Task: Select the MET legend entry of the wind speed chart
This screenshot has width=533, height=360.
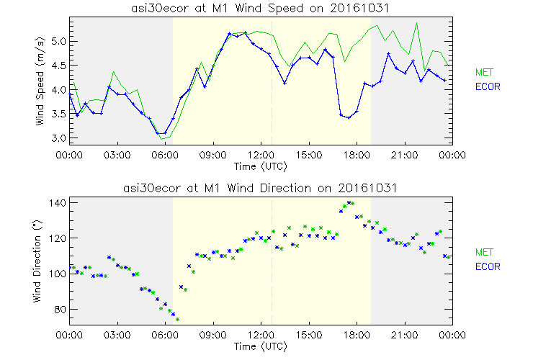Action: coord(483,72)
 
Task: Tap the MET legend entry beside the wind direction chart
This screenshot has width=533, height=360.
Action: coord(483,252)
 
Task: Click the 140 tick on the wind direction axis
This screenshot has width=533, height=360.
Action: coord(57,203)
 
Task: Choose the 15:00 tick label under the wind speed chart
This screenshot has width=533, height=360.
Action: coord(308,155)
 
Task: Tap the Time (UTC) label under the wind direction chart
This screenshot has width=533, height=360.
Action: coord(260,346)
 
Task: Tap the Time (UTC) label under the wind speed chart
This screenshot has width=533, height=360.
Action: coord(260,166)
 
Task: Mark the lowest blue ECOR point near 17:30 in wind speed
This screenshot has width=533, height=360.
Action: coord(349,117)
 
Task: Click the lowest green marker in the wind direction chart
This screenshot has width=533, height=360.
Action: coord(177,319)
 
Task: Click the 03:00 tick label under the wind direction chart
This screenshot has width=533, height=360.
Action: coord(117,335)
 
